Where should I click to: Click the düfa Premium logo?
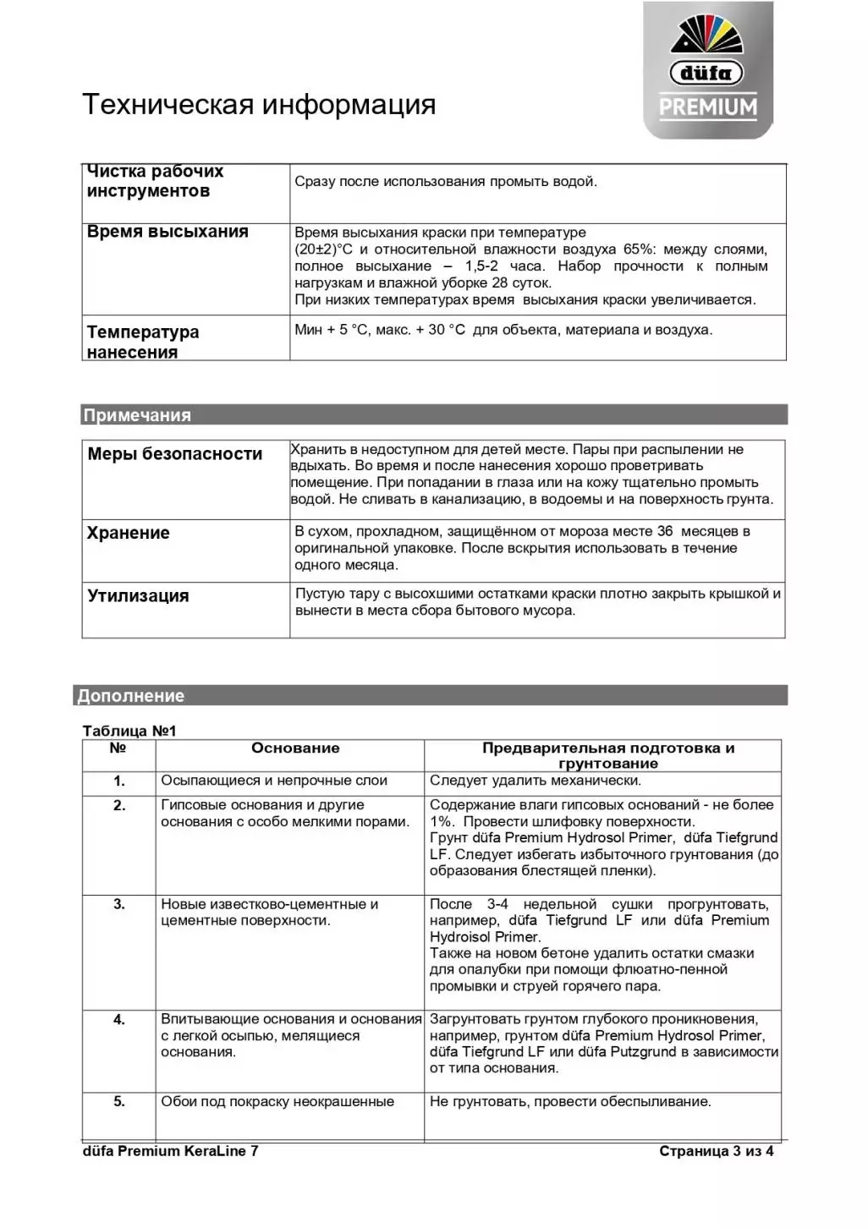click(x=708, y=70)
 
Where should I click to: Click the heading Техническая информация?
click(x=259, y=104)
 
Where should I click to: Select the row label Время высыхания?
click(x=168, y=232)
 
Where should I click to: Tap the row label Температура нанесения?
click(x=143, y=342)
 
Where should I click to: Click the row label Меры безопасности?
click(x=175, y=454)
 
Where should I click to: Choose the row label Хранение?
click(x=129, y=533)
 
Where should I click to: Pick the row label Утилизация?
click(x=138, y=595)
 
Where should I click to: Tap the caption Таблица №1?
click(x=129, y=731)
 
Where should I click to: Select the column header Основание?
click(x=295, y=748)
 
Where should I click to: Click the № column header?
click(x=118, y=748)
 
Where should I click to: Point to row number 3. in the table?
click(x=119, y=904)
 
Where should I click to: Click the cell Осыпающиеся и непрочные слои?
click(x=274, y=781)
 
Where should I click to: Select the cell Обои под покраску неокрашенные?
click(x=277, y=1101)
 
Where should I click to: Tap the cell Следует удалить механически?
click(x=536, y=781)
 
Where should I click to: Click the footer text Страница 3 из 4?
click(x=717, y=1150)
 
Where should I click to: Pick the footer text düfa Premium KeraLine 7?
click(x=171, y=1150)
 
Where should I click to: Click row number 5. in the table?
click(x=119, y=1101)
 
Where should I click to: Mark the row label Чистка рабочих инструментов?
click(x=155, y=181)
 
